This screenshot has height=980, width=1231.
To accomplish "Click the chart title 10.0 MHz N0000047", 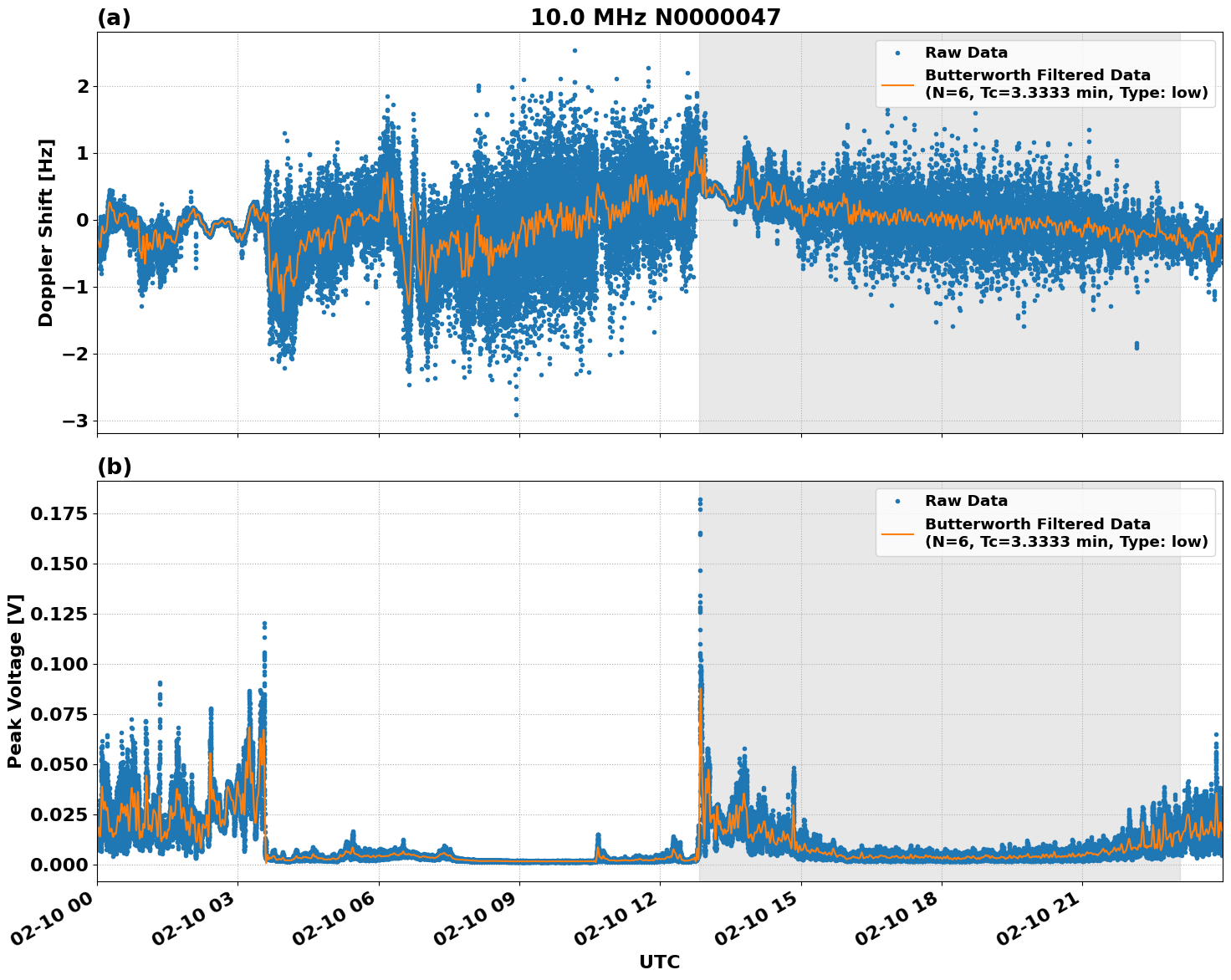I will (655, 18).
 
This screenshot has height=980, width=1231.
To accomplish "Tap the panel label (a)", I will (114, 18).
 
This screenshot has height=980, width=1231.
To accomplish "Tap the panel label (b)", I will (114, 467).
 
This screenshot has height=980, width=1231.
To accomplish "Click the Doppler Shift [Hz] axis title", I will (46, 232).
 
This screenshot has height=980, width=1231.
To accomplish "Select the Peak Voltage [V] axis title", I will (15, 681).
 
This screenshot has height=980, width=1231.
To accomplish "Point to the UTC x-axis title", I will (659, 962).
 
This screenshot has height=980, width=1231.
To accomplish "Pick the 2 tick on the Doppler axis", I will (83, 86).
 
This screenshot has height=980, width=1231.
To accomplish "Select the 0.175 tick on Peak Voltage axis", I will (59, 513).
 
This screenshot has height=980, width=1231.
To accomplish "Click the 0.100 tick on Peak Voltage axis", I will (59, 664).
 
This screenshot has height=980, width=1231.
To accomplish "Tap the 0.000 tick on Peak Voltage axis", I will (59, 865).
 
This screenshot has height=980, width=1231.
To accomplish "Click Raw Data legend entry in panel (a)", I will (966, 53).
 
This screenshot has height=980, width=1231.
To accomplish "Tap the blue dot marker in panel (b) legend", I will (897, 501).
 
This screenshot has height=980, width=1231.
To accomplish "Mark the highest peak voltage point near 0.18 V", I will (700, 500).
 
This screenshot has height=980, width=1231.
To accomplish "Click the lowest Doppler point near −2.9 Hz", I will (516, 415).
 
